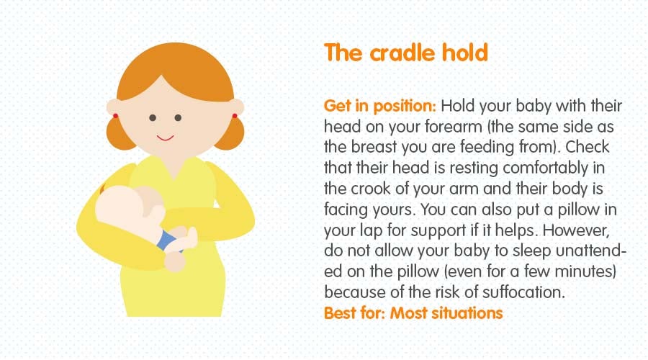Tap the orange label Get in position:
point(379,107)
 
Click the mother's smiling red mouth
point(165,137)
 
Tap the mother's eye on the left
point(152,118)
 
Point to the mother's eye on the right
point(178,118)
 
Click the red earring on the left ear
point(114,116)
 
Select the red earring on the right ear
point(234,115)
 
